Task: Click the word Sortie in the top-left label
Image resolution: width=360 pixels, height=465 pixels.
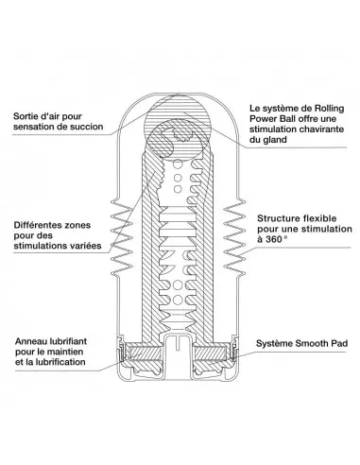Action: click(25, 116)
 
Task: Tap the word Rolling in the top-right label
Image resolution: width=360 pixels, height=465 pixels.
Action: click(329, 109)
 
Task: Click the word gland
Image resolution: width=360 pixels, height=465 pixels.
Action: click(275, 140)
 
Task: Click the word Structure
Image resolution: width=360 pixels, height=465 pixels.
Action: click(278, 218)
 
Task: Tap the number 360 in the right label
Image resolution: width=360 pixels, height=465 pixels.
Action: click(274, 239)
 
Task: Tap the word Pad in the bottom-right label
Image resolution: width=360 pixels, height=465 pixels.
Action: click(340, 343)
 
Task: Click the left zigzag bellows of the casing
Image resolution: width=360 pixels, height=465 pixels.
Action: click(121, 237)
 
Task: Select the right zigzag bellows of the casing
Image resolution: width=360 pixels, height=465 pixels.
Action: click(234, 237)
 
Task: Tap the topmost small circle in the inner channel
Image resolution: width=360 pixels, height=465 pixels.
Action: click(178, 164)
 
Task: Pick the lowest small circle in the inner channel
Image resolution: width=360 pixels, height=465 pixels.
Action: click(178, 299)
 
